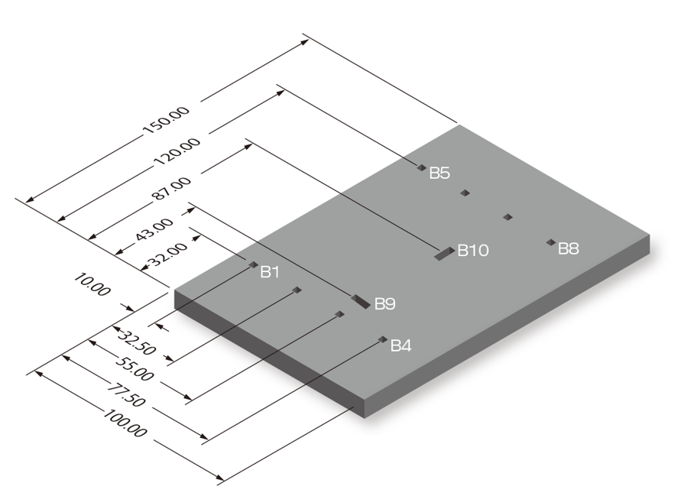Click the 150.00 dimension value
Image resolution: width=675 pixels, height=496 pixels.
[x=166, y=121]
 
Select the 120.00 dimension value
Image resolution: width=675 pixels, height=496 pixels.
[x=177, y=151]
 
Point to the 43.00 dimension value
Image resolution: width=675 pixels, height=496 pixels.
[x=154, y=229]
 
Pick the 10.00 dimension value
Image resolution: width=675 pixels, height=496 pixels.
[x=92, y=284]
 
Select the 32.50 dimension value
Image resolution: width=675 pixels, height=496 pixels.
[x=136, y=343]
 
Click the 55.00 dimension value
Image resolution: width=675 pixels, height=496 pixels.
[x=135, y=368]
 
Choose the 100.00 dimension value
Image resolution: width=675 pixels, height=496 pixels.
[x=125, y=423]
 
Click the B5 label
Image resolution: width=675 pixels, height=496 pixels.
[x=440, y=173]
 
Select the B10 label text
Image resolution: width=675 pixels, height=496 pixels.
[x=473, y=250]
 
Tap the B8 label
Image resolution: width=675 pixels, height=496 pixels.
[x=569, y=249]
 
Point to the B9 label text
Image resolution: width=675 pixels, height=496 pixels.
[x=385, y=304]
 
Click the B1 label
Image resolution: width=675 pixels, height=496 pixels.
[x=270, y=272]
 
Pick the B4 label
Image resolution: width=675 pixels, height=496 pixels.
[x=401, y=345]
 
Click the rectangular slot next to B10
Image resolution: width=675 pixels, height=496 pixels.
[x=444, y=254]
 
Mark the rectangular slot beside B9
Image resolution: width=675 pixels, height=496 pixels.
[x=361, y=301]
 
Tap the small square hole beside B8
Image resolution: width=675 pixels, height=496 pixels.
[x=550, y=242]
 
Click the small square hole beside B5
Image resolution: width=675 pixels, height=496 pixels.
[x=421, y=167]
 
